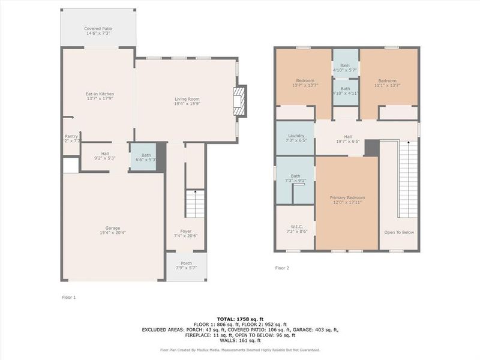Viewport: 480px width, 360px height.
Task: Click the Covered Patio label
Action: [x=98, y=31]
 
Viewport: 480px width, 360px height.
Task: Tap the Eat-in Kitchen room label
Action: [x=99, y=96]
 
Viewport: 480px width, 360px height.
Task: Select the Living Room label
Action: [x=187, y=101]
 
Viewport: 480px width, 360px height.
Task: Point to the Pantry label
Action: [x=71, y=139]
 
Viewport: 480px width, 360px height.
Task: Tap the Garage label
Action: [x=113, y=230]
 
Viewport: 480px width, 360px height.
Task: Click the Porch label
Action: [x=186, y=265]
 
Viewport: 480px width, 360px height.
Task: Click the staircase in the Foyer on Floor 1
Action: [x=194, y=204]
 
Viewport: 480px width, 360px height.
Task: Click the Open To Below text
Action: [x=399, y=232]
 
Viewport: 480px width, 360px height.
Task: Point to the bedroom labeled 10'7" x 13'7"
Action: [x=304, y=83]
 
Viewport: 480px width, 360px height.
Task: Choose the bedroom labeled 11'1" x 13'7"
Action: [x=387, y=83]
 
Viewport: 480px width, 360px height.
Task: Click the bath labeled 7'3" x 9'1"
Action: [x=295, y=178]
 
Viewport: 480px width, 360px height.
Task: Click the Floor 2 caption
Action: [x=282, y=268]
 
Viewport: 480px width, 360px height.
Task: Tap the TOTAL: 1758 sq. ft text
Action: [x=240, y=319]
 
